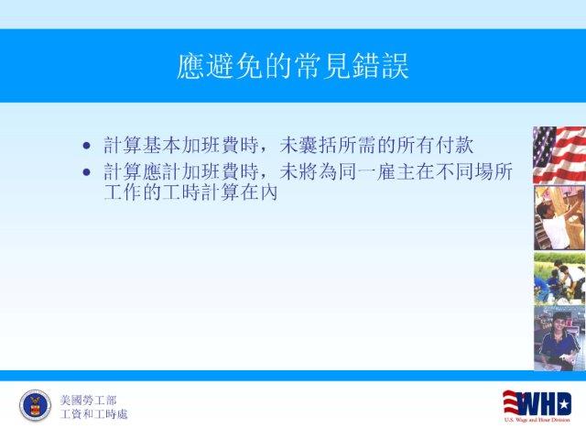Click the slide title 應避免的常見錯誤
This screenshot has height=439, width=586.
pos(293,66)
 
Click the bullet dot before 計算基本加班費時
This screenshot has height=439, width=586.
pos(87,146)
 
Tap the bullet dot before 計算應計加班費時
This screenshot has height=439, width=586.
pos(87,172)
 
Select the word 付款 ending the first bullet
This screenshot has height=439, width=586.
pos(455,145)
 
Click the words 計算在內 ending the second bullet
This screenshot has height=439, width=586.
pos(240,192)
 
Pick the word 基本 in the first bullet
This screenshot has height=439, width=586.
pos(162,145)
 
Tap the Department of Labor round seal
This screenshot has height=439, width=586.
pos(35,405)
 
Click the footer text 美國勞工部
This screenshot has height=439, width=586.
pos(88,401)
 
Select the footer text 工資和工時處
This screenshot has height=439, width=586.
pos(93,414)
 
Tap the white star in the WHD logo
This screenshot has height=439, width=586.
pos(564,404)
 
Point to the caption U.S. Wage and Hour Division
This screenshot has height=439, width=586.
pos(537,420)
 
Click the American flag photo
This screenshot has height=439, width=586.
pos(559,155)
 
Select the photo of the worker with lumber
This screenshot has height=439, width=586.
pos(559,218)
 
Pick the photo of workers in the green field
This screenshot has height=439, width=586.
pos(559,279)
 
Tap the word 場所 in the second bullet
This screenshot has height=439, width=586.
pos(494,172)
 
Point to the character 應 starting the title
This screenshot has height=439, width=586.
pos(190,66)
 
